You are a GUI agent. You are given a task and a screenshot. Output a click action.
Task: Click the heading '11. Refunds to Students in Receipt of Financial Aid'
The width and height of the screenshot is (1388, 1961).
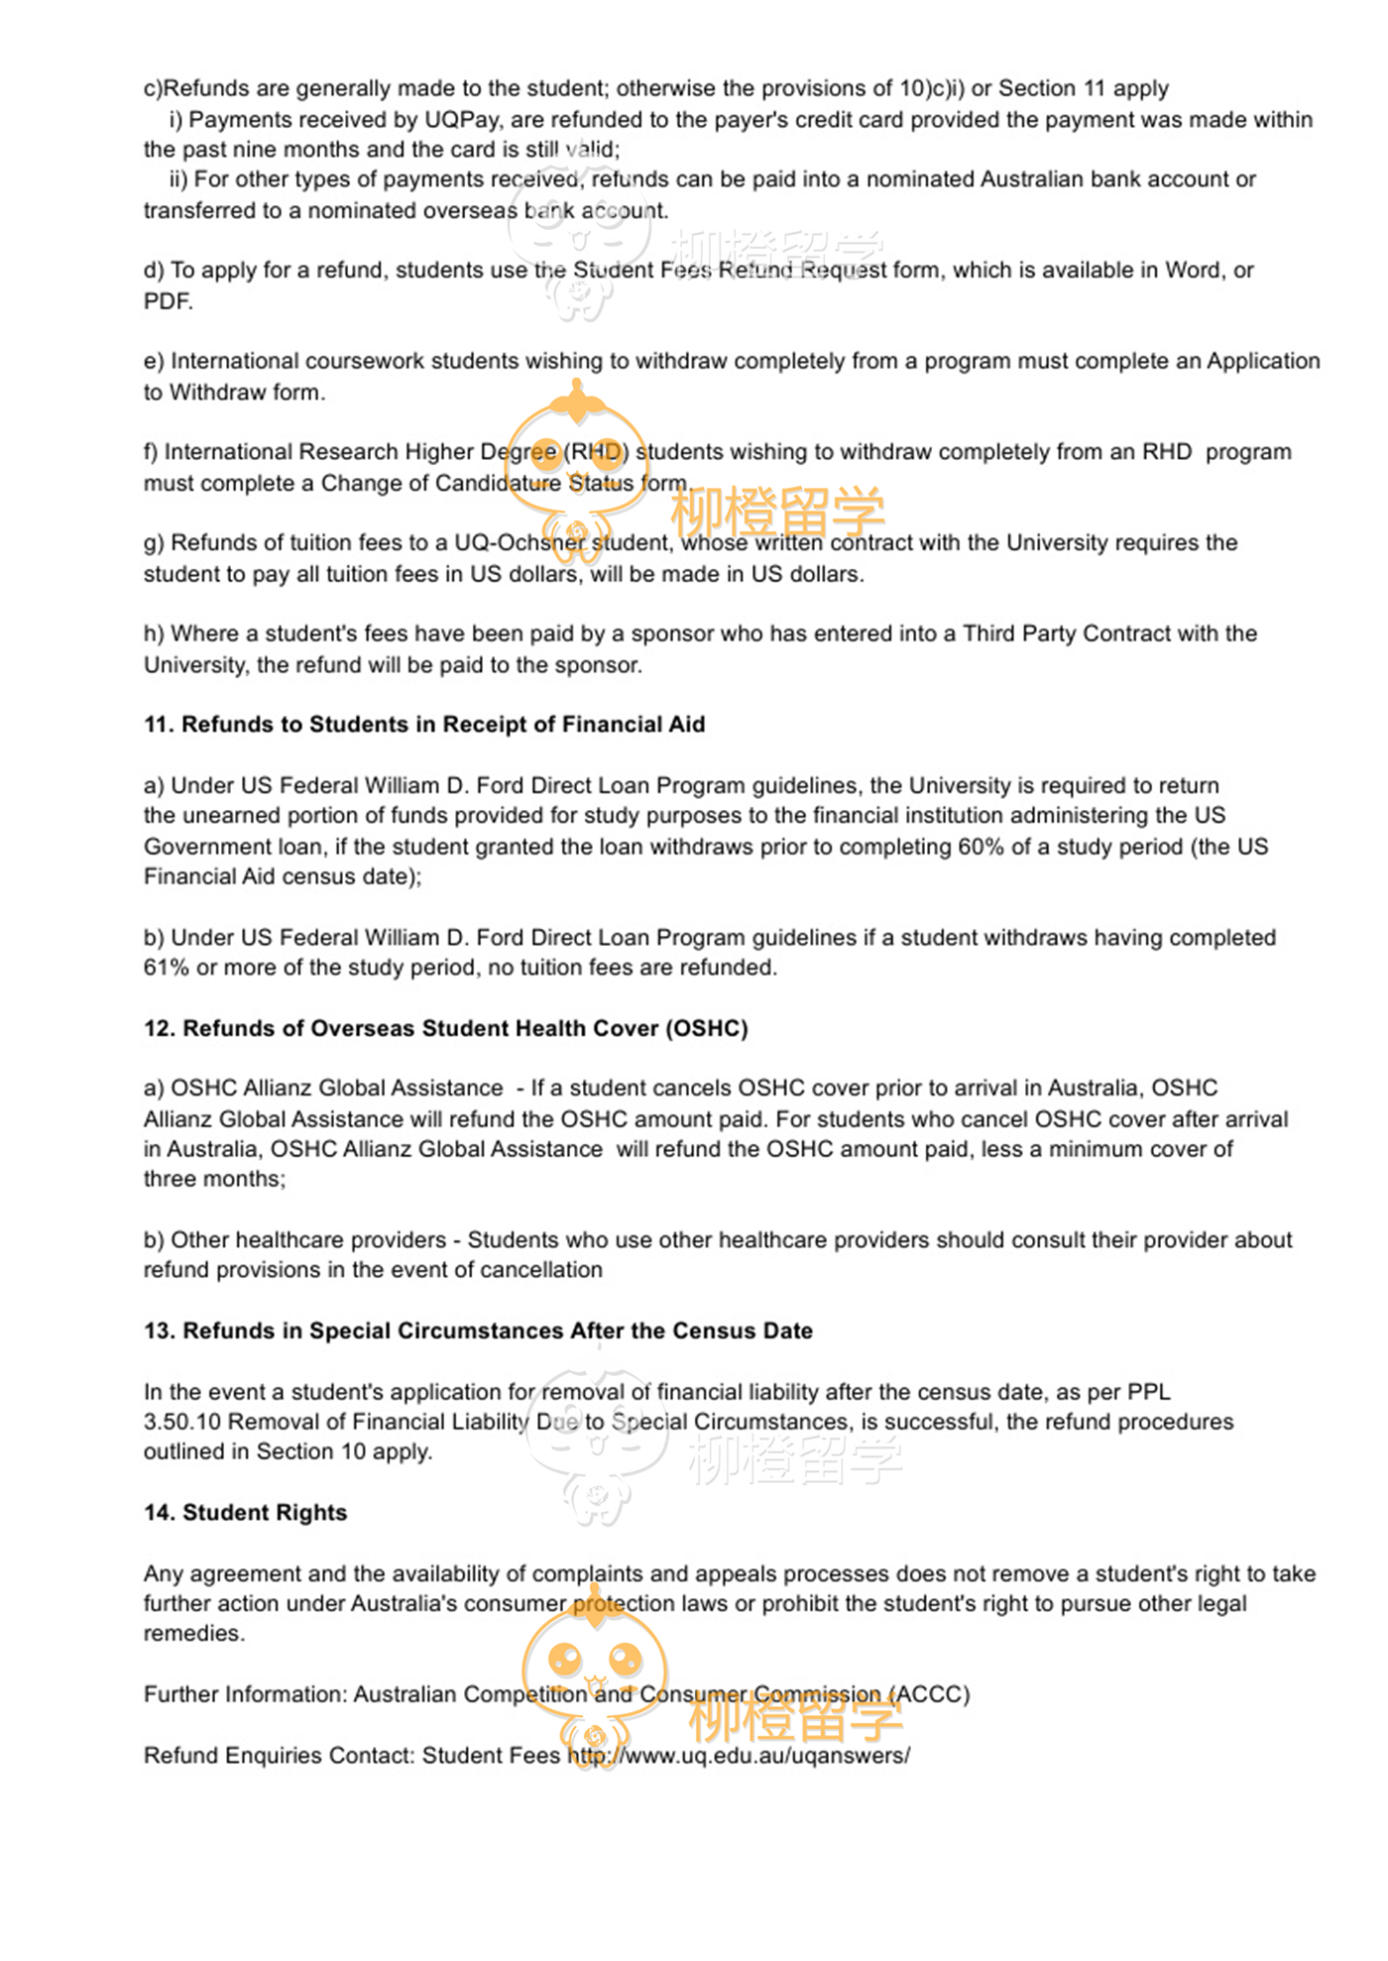424,725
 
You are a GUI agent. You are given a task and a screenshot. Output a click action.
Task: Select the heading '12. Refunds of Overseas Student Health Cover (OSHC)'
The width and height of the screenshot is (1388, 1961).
445,1028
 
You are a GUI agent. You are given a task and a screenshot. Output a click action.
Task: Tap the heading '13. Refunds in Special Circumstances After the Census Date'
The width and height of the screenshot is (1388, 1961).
478,1330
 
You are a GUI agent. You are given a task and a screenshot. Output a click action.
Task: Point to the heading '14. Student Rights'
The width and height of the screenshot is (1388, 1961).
246,1513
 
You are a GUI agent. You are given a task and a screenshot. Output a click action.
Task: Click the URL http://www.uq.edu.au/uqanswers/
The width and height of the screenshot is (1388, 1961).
739,1756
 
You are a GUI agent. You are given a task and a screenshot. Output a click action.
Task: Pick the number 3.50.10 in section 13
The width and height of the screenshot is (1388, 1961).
182,1422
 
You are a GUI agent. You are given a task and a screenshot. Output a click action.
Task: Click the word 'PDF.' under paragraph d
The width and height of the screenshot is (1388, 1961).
169,301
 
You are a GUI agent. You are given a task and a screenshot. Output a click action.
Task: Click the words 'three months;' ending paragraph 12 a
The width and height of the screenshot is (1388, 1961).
214,1180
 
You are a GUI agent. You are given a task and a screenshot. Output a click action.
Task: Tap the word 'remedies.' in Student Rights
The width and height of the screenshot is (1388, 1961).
194,1634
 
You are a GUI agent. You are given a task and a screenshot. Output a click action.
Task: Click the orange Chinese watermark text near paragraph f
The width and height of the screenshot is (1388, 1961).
777,512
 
